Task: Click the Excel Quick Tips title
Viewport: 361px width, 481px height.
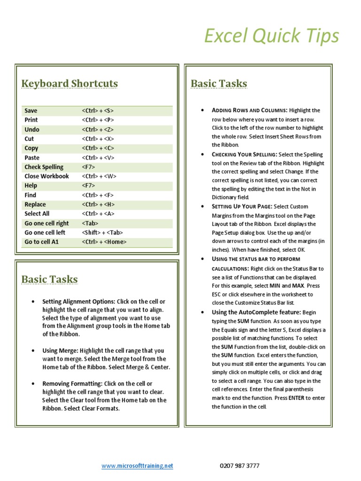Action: coord(271,36)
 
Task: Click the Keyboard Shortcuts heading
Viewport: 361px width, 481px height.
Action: coord(70,84)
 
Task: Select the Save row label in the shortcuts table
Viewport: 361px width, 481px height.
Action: coord(31,111)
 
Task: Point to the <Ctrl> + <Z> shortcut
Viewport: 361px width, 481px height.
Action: coord(98,130)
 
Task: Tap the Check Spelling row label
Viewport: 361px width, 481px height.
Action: coord(44,167)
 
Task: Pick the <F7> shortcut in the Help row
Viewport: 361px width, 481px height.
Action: coord(88,186)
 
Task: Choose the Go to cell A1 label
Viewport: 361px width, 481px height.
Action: coord(42,242)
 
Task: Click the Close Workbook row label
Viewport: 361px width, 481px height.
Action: coord(47,177)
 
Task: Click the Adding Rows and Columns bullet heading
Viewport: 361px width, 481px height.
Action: coord(249,110)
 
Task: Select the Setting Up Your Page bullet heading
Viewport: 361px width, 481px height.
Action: coord(242,207)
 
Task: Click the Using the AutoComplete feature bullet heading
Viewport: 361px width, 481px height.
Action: coord(256,312)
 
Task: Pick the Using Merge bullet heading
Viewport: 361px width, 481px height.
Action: coord(60,350)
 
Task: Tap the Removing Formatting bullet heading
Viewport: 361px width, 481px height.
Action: coord(72,384)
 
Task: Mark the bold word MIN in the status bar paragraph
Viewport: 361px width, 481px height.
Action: coord(276,286)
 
